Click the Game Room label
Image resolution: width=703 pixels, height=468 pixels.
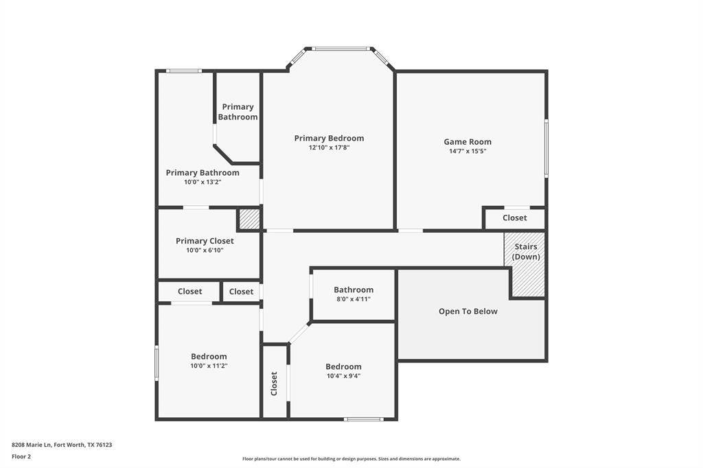(468, 141)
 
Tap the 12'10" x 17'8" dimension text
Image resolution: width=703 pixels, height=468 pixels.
(329, 148)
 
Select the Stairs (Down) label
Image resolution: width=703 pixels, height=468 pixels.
(526, 251)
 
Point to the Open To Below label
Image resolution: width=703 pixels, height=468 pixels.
(468, 311)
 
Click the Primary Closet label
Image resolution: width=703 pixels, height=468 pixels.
(205, 241)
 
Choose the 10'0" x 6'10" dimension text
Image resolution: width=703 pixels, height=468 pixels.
(205, 250)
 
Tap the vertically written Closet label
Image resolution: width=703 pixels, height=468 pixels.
(274, 384)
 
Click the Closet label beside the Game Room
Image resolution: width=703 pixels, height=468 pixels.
(515, 218)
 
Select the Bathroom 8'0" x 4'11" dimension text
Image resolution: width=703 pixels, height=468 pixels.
(354, 299)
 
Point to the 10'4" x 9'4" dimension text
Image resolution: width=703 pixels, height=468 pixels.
(343, 376)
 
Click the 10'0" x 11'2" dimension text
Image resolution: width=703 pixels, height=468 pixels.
(209, 366)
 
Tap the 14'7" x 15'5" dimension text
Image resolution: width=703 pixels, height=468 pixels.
(468, 151)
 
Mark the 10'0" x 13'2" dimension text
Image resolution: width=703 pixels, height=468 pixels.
(203, 182)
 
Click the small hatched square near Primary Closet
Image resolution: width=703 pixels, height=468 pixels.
(249, 219)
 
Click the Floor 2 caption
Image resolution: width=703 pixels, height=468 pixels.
(21, 457)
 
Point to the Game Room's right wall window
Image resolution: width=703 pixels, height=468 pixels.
(546, 148)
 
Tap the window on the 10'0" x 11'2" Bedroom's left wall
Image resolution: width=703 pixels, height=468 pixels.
(157, 362)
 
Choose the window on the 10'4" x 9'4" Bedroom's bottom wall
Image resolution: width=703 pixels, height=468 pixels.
(364, 419)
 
